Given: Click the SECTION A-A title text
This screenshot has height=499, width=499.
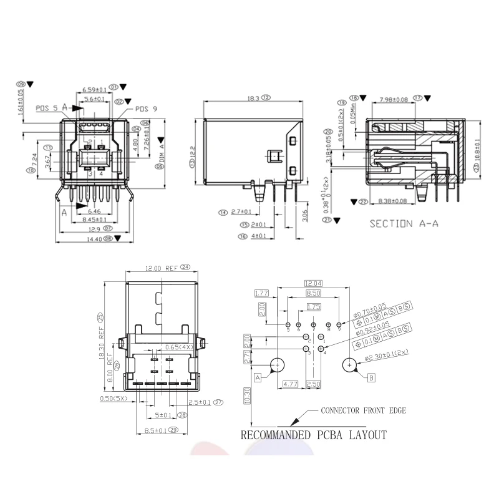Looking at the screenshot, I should [404, 224].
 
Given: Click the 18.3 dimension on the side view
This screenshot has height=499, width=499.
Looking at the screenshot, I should [251, 98].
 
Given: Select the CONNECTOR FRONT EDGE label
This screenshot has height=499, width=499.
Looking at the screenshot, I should [364, 410].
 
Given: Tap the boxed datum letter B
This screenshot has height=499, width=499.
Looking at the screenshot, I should [372, 377].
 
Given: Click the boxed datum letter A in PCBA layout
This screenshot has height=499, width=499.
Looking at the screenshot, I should [257, 377].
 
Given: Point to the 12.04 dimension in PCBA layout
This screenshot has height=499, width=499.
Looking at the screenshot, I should [312, 283].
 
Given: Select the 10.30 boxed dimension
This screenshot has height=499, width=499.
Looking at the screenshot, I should [248, 395].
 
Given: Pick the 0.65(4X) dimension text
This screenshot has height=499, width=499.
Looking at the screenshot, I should [177, 347].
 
